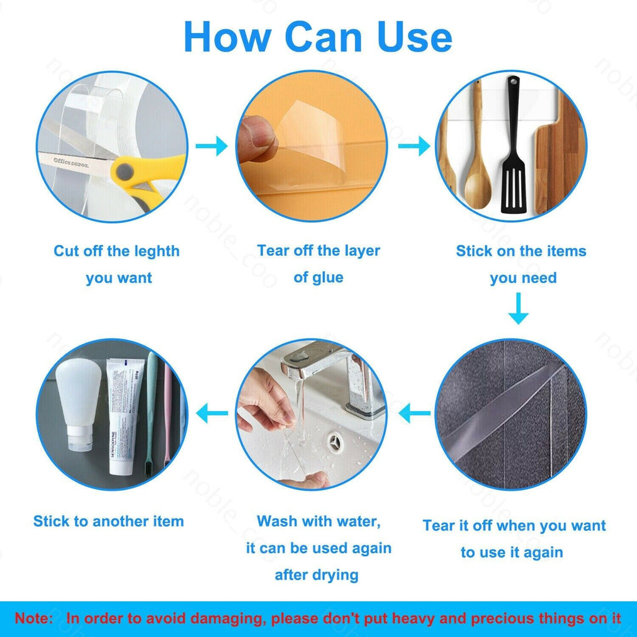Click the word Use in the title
(414, 37)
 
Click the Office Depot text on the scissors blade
(70, 162)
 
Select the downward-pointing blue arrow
(518, 309)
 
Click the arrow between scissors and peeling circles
(212, 146)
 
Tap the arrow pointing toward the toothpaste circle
(212, 413)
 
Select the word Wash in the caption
(275, 521)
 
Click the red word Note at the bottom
(34, 618)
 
